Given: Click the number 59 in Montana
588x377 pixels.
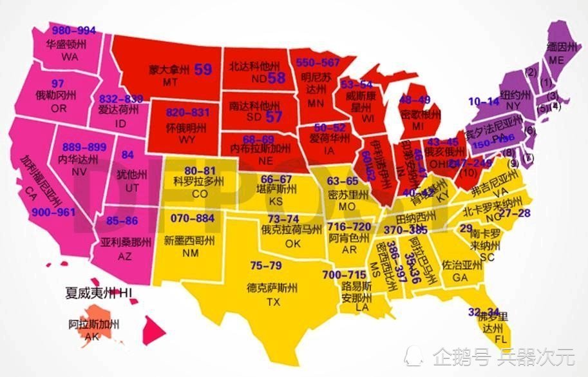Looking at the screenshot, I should point(203,70).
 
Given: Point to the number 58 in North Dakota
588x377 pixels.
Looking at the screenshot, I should point(276,78).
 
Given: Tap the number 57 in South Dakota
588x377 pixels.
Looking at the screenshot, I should point(274,117).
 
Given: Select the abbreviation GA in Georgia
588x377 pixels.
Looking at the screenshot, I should point(460,277).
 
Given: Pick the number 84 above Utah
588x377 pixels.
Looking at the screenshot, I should point(128,155).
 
